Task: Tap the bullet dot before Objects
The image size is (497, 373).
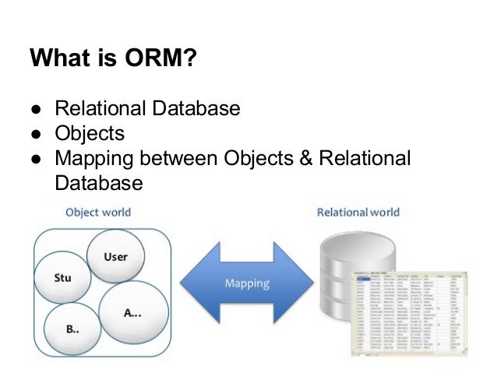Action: [36, 132]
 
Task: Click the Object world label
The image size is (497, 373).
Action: [97, 212]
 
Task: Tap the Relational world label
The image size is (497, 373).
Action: [358, 212]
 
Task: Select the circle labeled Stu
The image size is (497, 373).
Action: [62, 278]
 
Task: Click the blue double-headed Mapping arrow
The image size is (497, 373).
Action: [247, 283]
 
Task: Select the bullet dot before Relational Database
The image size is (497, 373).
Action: [36, 108]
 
